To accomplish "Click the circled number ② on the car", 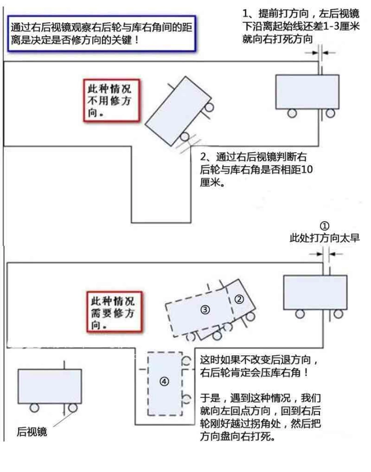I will click(x=239, y=298).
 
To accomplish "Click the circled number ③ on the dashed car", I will click(x=205, y=310).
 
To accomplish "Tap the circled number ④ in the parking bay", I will click(x=164, y=382).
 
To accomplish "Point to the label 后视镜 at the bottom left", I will click(x=32, y=431).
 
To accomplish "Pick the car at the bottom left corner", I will click(x=49, y=386).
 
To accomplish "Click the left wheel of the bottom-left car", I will click(x=34, y=408).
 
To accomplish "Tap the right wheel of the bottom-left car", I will click(x=73, y=408).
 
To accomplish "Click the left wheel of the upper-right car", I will click(x=293, y=112).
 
